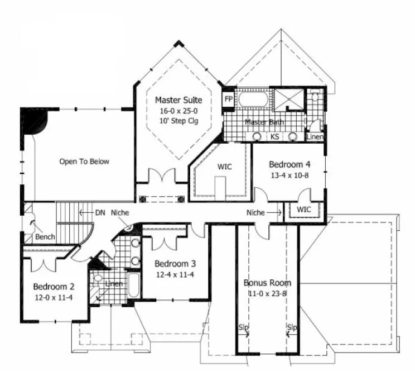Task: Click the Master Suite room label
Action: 178,100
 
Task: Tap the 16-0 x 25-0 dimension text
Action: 178,111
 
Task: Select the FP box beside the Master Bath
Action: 228,99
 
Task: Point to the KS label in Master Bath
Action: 275,136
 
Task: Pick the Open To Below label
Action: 84,161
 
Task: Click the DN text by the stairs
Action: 100,212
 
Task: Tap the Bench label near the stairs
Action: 45,237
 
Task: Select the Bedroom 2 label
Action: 54,287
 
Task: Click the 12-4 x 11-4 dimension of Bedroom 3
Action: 174,274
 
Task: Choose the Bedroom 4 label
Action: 289,164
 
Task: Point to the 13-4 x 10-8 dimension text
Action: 289,174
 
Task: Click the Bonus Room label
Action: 267,283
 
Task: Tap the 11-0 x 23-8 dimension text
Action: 267,293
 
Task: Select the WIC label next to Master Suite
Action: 225,167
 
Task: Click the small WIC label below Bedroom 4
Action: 303,210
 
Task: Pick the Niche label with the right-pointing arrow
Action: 256,212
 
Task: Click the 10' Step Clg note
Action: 178,121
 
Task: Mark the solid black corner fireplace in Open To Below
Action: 33,121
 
